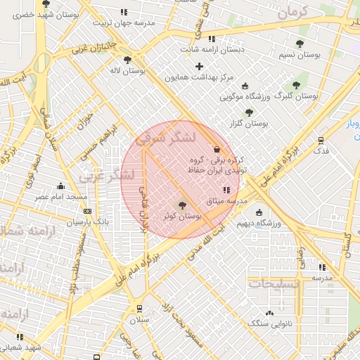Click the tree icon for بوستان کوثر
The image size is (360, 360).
[183, 206]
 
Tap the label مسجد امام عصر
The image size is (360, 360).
[61, 197]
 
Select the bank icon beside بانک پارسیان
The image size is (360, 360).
[87, 211]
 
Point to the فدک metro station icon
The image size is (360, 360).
[321, 141]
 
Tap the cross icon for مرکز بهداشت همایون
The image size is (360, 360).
[199, 66]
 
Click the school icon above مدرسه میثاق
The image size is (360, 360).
[226, 190]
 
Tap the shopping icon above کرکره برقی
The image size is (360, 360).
[216, 149]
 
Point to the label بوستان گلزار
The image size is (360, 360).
[249, 123]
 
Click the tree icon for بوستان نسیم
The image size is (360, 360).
[300, 44]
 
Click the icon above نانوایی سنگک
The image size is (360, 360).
[269, 313]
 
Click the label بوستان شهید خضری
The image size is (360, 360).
[46, 14]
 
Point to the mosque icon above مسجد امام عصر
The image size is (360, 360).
[61, 186]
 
